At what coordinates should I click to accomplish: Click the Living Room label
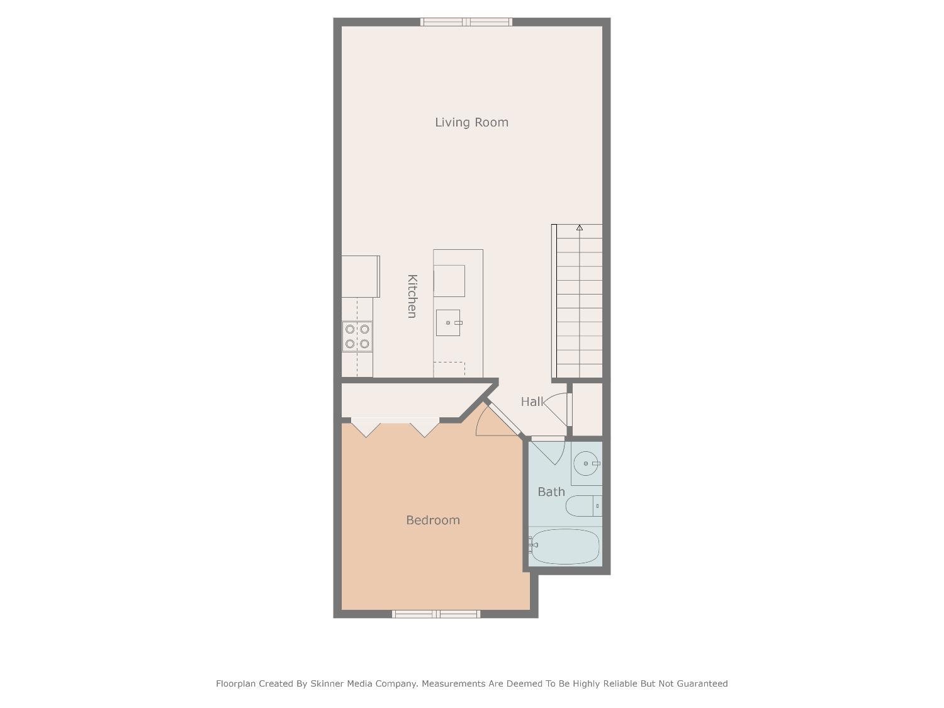pos(471,122)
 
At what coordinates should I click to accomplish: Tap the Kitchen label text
pos(412,296)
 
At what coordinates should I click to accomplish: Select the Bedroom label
pos(432,520)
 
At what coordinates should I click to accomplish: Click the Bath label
pos(551,492)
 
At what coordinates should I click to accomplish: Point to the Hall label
pos(532,402)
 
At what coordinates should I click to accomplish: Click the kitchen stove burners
pos(357,337)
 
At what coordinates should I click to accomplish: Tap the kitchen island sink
pos(448,323)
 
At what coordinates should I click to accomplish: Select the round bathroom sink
pos(587,463)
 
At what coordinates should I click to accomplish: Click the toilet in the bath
pos(583,506)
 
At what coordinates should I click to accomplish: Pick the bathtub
pos(565,546)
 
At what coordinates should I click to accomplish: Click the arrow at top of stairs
pos(579,228)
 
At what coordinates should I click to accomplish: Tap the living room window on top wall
pos(466,22)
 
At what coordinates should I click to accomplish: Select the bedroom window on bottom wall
pos(436,614)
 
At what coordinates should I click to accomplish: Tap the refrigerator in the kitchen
pos(361,276)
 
